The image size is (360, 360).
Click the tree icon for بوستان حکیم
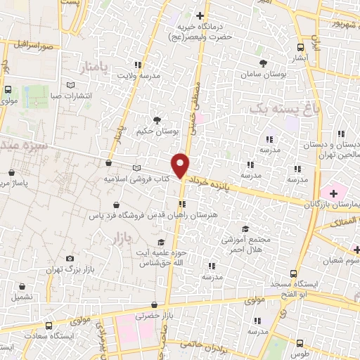[157, 120]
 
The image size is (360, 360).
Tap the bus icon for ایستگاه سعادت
[49, 327]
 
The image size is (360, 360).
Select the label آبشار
[300, 58]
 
